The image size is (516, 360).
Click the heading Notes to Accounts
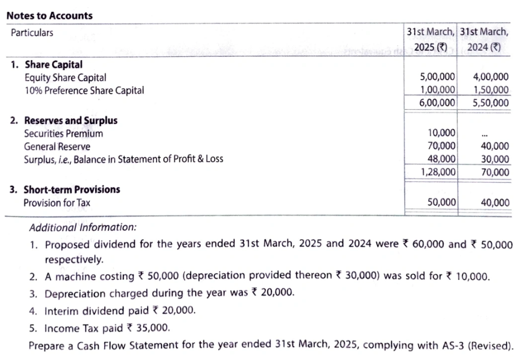pos(49,16)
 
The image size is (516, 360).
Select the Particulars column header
pos(32,33)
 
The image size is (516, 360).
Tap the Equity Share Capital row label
pos(65,78)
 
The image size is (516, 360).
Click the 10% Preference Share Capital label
pos(84,90)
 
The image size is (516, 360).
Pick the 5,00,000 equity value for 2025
pos(437,78)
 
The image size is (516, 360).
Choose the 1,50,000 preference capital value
pos(490,90)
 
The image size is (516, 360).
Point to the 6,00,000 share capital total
pos(437,102)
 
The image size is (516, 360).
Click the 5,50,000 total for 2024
pos(490,102)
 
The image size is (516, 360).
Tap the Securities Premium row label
pos(63,134)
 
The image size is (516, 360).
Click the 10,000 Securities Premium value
pos(441,133)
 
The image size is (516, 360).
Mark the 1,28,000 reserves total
pos(438,172)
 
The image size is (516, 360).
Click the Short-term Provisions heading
pos(71,190)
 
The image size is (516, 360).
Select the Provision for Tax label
pos(57,203)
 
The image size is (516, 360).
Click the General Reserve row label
pos(57,146)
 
